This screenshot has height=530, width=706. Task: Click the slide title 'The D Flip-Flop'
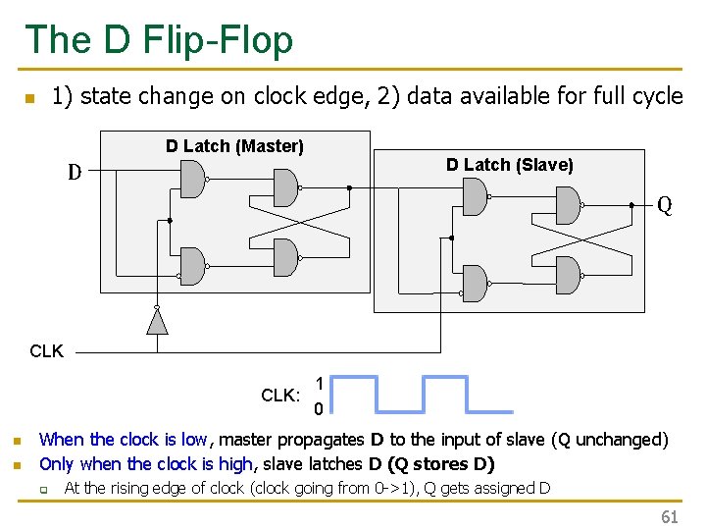[x=159, y=40]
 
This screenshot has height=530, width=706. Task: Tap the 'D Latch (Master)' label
[x=234, y=146]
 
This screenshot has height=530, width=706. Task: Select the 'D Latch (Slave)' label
[x=509, y=165]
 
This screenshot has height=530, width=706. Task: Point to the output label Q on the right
[x=664, y=205]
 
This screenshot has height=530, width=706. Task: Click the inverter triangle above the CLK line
[x=155, y=319]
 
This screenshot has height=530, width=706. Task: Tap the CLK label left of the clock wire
[x=46, y=350]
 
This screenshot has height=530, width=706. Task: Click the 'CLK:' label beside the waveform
[x=280, y=396]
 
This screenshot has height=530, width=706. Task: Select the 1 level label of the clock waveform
[x=319, y=384]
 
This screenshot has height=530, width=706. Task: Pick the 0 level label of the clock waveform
[x=319, y=408]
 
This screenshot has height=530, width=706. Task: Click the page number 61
[x=669, y=517]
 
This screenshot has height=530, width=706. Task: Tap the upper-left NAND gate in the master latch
[x=193, y=179]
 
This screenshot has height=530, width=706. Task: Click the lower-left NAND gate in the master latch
[x=193, y=265]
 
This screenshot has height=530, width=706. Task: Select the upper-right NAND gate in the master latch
[x=284, y=186]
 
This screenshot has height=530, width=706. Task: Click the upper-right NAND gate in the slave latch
[x=567, y=204]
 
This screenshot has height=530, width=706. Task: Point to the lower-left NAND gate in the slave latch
[x=475, y=283]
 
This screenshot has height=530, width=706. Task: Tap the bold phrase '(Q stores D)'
[x=441, y=463]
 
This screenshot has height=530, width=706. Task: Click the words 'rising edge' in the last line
[x=122, y=488]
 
